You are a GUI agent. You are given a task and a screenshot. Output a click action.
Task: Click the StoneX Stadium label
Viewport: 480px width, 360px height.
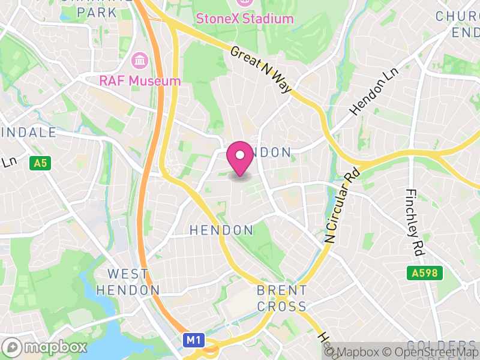point(245,19)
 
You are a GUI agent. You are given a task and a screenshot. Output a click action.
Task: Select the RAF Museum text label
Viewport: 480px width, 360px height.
point(140,80)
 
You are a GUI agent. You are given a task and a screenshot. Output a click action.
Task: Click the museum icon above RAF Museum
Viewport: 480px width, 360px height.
point(140,61)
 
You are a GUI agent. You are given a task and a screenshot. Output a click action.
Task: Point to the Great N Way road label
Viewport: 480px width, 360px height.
point(261,70)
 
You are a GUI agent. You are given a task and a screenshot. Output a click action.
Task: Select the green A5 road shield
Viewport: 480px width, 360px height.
point(40,163)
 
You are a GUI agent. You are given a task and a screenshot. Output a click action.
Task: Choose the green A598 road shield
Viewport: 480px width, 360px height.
point(427,273)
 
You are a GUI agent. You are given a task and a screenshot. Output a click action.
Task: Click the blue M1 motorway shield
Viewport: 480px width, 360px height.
point(192,340)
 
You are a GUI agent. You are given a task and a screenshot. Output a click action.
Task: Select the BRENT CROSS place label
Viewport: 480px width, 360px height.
point(282,298)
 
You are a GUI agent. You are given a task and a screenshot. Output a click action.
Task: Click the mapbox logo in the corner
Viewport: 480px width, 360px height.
point(46,347)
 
